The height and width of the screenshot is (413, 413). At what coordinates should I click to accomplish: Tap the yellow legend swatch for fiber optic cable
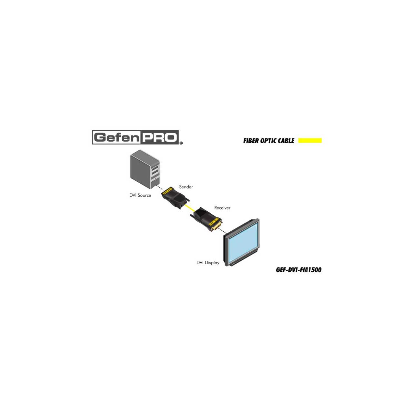point(310,140)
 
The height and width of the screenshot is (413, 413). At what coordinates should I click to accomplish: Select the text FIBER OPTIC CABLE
point(269,141)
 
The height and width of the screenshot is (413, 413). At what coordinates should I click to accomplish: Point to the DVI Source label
point(140,195)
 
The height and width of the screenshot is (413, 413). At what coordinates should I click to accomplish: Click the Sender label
point(186,187)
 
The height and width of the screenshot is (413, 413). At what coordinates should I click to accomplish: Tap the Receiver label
point(222,208)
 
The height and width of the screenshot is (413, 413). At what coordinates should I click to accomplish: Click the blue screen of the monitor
point(243,240)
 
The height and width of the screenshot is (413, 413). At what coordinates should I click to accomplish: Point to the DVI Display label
point(208,263)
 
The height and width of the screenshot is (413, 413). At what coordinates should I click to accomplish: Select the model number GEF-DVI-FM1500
point(298,270)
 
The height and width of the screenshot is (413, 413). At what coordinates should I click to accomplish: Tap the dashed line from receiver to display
point(222,231)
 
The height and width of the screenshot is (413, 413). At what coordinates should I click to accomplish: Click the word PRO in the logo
point(159,137)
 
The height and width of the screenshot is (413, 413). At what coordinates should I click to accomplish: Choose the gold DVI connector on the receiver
point(216,227)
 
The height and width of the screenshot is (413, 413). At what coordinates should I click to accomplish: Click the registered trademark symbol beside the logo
point(181,143)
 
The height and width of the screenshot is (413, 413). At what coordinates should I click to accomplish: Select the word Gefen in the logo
point(117,137)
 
